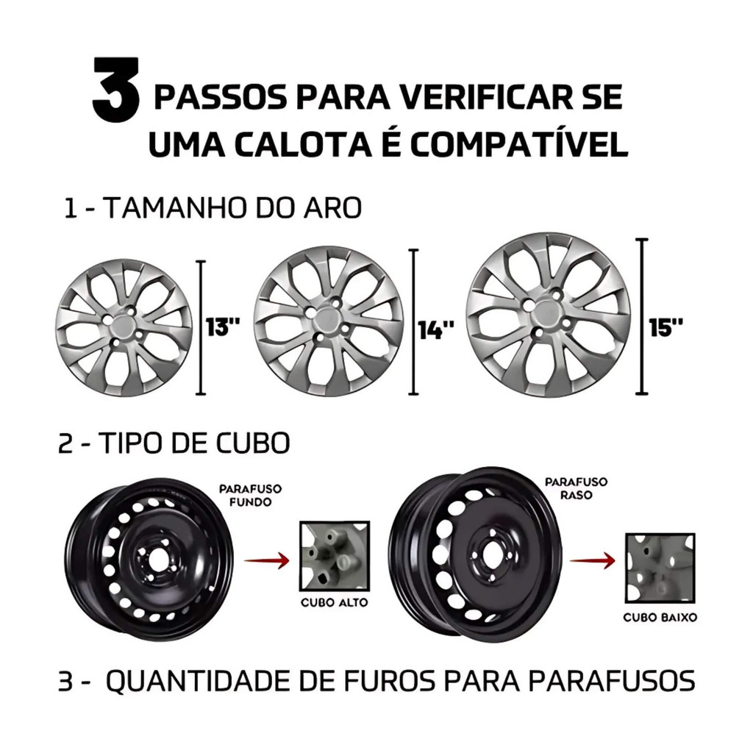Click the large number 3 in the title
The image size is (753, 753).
(115, 89)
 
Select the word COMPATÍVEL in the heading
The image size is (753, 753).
(518, 143)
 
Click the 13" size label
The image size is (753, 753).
(222, 327)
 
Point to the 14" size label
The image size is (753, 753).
(436, 330)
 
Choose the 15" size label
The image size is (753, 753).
(665, 327)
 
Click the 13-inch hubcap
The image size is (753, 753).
(124, 327)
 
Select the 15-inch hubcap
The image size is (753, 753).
(548, 315)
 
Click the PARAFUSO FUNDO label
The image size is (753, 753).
(250, 496)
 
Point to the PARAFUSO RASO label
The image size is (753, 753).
(576, 488)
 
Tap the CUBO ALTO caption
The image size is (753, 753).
(335, 603)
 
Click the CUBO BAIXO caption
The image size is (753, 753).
(660, 618)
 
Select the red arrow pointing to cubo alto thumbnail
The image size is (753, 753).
(266, 560)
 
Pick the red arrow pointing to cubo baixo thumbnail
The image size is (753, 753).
(592, 560)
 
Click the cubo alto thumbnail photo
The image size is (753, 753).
(335, 556)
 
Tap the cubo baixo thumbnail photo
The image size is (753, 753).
(660, 568)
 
